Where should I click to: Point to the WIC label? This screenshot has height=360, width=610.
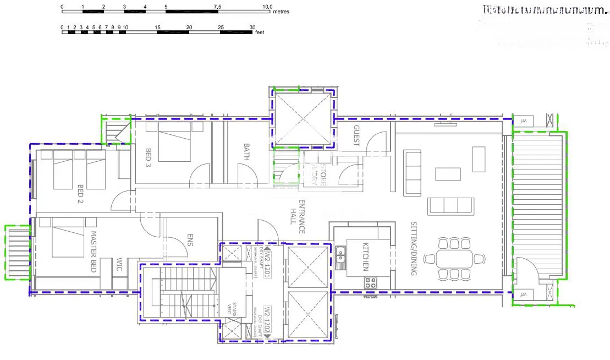(119, 265)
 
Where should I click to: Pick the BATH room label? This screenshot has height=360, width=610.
(246, 152)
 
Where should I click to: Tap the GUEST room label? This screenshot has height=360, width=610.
(356, 135)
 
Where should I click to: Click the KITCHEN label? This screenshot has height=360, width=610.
(365, 256)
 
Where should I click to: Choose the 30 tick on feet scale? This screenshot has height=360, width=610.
(252, 27)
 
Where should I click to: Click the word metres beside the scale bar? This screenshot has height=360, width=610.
(281, 11)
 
